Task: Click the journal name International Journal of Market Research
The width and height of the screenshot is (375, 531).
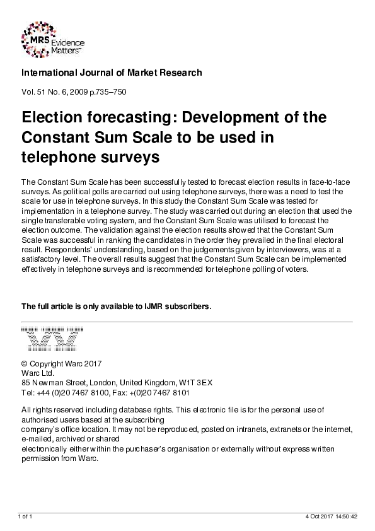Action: tap(112, 73)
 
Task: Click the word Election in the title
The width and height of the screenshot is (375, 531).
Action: tap(52, 119)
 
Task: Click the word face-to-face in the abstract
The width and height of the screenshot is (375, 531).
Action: tap(333, 182)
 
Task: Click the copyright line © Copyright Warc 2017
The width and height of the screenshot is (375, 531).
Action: tap(61, 364)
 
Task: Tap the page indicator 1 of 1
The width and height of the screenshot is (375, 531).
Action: tap(26, 516)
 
